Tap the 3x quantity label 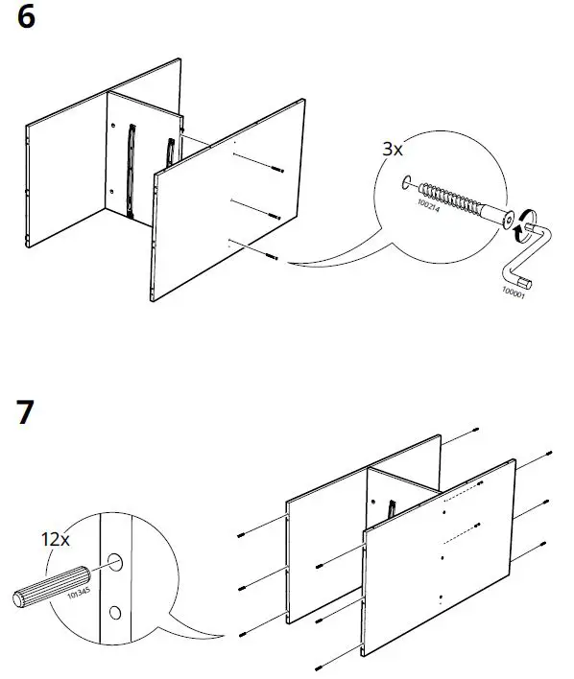tap(393, 151)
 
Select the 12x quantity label tap(55, 540)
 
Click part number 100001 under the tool tap(515, 291)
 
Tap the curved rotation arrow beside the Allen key tap(527, 221)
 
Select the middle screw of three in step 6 tap(274, 215)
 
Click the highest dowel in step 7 tap(475, 432)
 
